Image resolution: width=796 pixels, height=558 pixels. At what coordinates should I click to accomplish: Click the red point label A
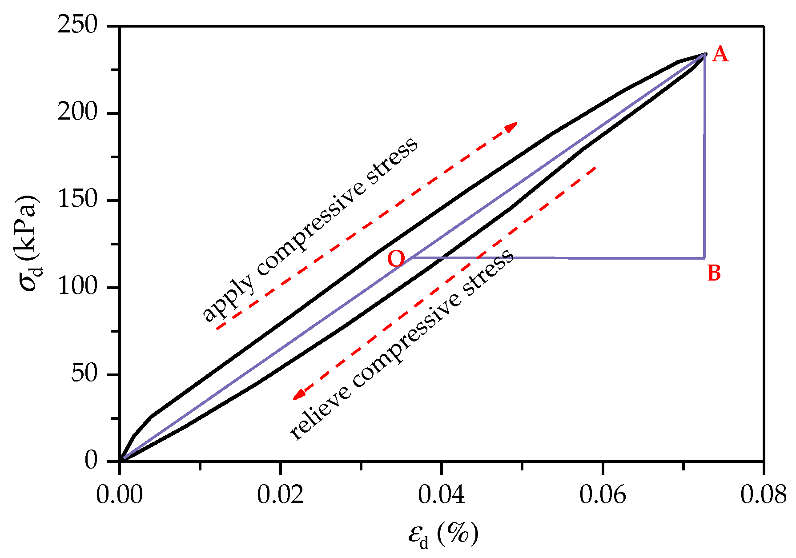[720, 55]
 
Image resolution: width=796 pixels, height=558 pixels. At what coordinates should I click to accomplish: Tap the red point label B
[714, 273]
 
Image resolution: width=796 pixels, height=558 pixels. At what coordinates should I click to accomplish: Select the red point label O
[396, 259]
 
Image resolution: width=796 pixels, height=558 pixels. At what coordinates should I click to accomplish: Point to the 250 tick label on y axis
[77, 25]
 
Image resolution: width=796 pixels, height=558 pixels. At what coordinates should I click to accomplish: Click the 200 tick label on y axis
[77, 112]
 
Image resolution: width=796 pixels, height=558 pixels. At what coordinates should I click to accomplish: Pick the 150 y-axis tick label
[77, 200]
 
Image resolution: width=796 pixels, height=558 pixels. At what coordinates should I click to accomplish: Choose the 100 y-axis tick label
[77, 287]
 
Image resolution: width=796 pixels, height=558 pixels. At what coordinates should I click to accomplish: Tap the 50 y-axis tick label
[84, 374]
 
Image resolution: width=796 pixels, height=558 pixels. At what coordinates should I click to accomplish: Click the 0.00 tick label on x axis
[120, 495]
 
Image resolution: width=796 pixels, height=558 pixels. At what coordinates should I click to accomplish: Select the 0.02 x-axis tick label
[281, 495]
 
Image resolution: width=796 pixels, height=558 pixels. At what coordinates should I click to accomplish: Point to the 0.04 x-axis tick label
[442, 495]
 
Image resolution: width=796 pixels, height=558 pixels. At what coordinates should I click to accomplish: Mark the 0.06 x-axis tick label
[603, 495]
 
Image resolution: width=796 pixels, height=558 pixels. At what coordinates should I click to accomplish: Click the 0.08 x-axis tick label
[763, 495]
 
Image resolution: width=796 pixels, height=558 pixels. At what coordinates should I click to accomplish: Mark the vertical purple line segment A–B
[704, 156]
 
